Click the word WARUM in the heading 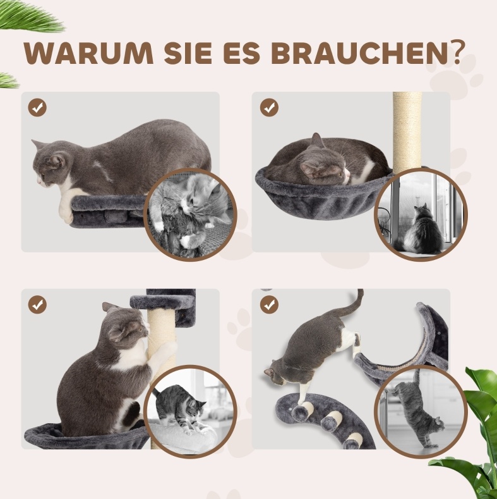pyautogui.click(x=88, y=53)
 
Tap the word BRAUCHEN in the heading pyautogui.click(x=360, y=53)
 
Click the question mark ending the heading pyautogui.click(x=456, y=52)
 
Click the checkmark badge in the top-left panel pyautogui.click(x=37, y=108)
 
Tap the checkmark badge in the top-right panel pyautogui.click(x=269, y=108)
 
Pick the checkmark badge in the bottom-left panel pyautogui.click(x=37, y=305)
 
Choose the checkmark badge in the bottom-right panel pyautogui.click(x=269, y=305)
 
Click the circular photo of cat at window pyautogui.click(x=421, y=214)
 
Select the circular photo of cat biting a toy pyautogui.click(x=190, y=214)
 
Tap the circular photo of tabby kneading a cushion pyautogui.click(x=190, y=412)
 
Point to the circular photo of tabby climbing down pyautogui.click(x=421, y=412)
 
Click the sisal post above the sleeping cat pyautogui.click(x=407, y=130)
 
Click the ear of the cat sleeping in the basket pyautogui.click(x=316, y=140)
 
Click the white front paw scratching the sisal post pyautogui.click(x=166, y=350)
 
